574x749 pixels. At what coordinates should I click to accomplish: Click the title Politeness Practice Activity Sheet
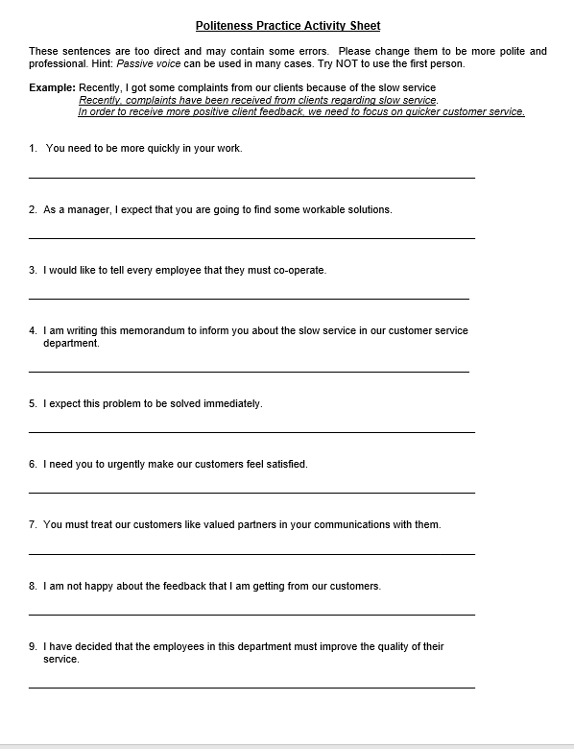pyautogui.click(x=287, y=26)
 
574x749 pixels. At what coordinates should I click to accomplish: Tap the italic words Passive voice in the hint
pyautogui.click(x=144, y=63)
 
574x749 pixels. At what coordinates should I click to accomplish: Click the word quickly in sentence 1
pyautogui.click(x=163, y=149)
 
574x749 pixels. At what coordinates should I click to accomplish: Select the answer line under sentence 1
pyautogui.click(x=251, y=178)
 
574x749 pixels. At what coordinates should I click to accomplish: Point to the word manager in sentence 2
pyautogui.click(x=89, y=209)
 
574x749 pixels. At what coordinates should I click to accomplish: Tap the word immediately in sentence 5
pyautogui.click(x=230, y=403)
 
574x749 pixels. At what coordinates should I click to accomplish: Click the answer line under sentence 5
pyautogui.click(x=251, y=432)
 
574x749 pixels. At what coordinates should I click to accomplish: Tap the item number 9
pyautogui.click(x=33, y=647)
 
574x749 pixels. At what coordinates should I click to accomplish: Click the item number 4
pyautogui.click(x=33, y=331)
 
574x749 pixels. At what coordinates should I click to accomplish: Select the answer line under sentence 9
pyautogui.click(x=251, y=687)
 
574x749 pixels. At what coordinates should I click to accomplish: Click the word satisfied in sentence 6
pyautogui.click(x=281, y=464)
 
